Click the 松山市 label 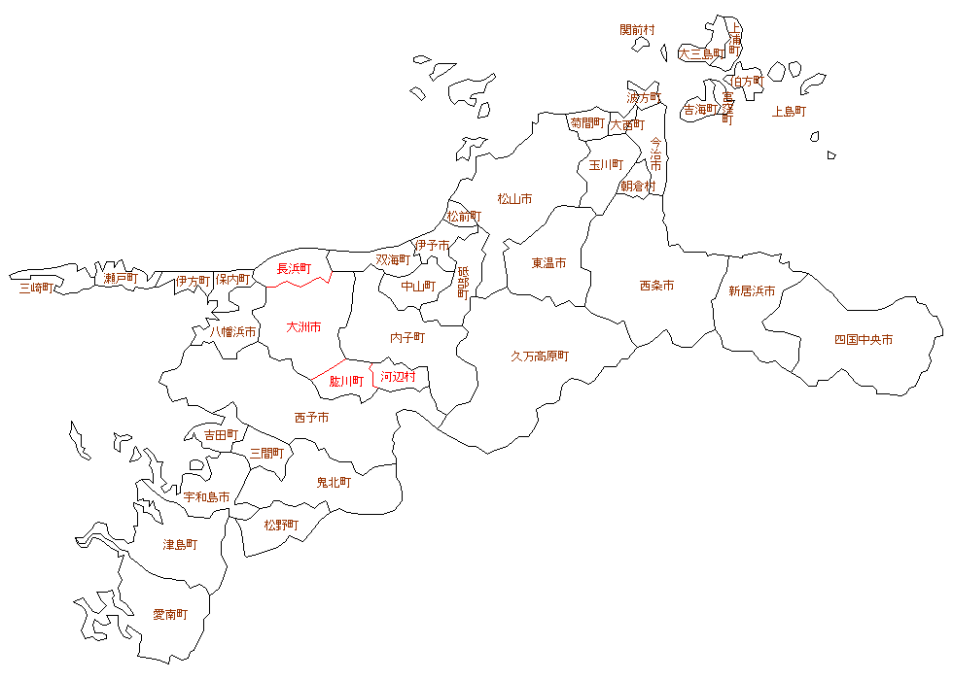514,199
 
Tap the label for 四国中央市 864,340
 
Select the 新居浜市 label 752,290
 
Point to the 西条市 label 656,286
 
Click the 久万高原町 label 540,357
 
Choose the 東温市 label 548,263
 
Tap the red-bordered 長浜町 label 295,268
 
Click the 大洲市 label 303,327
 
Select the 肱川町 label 345,382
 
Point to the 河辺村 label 398,376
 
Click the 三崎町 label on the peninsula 37,288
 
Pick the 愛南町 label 170,614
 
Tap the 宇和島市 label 206,497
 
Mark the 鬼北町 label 334,482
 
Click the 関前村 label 637,30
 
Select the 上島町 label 789,112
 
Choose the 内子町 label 407,337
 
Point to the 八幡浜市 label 233,332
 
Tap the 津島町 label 180,545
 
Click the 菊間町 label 587,123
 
